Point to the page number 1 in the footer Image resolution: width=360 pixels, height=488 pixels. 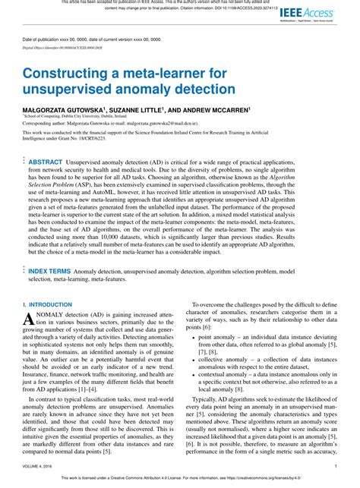pos(335,467)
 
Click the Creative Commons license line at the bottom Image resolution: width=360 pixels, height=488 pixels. pos(180,480)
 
